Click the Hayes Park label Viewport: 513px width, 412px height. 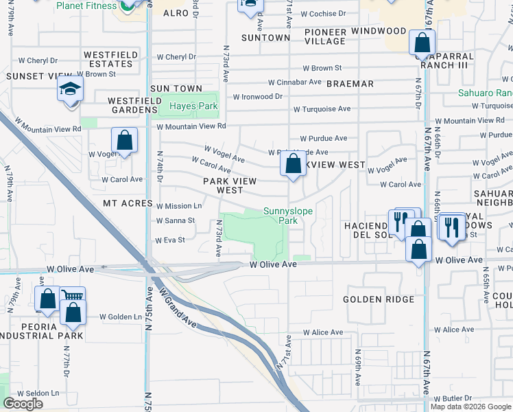[193, 106]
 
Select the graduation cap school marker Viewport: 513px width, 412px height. [69, 90]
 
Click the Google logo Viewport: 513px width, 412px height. [23, 404]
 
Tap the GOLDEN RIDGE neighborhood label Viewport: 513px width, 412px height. [379, 299]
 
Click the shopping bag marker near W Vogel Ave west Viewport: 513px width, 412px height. [124, 141]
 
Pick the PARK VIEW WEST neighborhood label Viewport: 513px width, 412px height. [230, 185]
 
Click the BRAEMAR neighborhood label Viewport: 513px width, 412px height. [350, 84]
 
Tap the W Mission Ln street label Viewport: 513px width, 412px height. [179, 206]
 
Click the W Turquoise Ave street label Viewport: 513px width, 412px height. [322, 109]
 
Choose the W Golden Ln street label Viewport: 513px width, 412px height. [120, 317]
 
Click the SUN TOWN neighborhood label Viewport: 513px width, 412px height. [176, 89]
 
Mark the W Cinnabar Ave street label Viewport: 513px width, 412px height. [295, 82]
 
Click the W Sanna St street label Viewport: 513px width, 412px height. [176, 221]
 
